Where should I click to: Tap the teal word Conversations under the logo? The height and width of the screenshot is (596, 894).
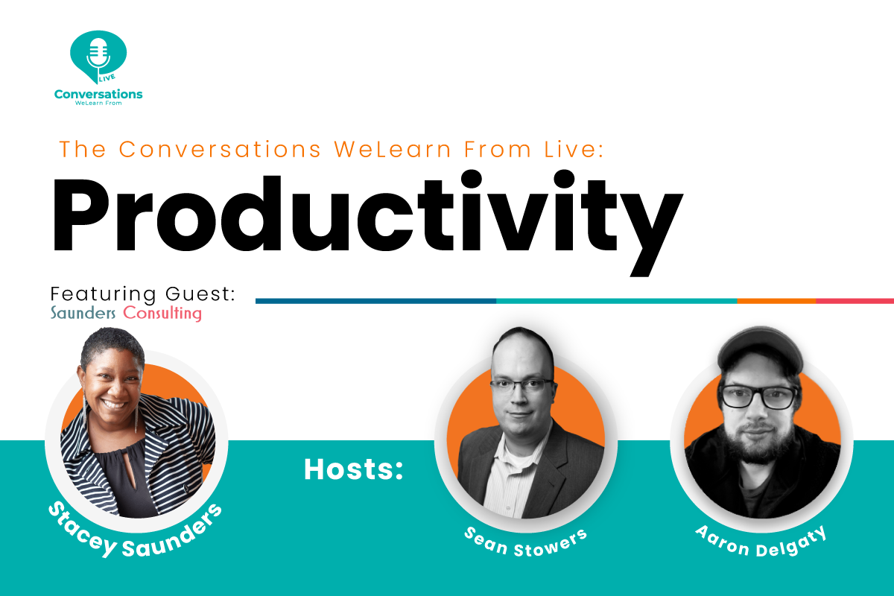98,94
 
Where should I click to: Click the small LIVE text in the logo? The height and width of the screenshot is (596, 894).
107,77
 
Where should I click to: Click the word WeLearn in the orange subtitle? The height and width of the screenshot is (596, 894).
393,149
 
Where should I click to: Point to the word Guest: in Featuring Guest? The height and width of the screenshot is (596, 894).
200,294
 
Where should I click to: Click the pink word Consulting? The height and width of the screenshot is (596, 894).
162,314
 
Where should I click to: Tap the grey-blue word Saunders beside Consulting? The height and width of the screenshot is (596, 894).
83,314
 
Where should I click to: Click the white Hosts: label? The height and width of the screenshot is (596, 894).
354,469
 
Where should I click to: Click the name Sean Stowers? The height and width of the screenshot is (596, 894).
526,543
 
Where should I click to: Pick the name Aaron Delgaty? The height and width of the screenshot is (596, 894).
761,542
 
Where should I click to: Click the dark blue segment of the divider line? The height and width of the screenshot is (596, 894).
375,301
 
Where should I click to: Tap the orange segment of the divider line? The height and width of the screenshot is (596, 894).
776,301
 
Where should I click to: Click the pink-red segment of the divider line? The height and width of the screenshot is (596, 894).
855,301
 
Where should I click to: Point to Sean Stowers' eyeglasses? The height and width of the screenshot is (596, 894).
521,386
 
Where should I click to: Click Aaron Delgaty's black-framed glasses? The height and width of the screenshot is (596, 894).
759,397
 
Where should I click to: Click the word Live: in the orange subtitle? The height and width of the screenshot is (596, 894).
574,149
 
